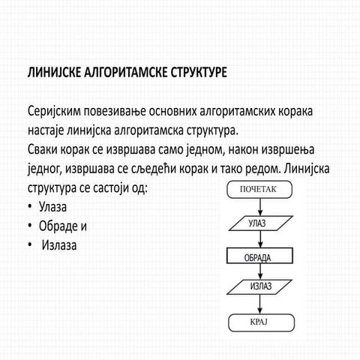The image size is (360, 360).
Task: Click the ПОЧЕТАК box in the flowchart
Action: point(258,190)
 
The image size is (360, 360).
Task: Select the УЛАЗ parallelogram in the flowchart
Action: point(257,223)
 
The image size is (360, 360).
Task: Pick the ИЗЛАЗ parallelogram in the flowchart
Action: point(257,287)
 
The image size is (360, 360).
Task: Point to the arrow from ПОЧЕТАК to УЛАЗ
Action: point(257,206)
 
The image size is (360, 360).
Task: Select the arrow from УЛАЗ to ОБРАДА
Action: point(257,240)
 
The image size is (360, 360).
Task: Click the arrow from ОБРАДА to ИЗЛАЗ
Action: point(257,272)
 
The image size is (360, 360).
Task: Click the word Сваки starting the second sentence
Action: point(44,148)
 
